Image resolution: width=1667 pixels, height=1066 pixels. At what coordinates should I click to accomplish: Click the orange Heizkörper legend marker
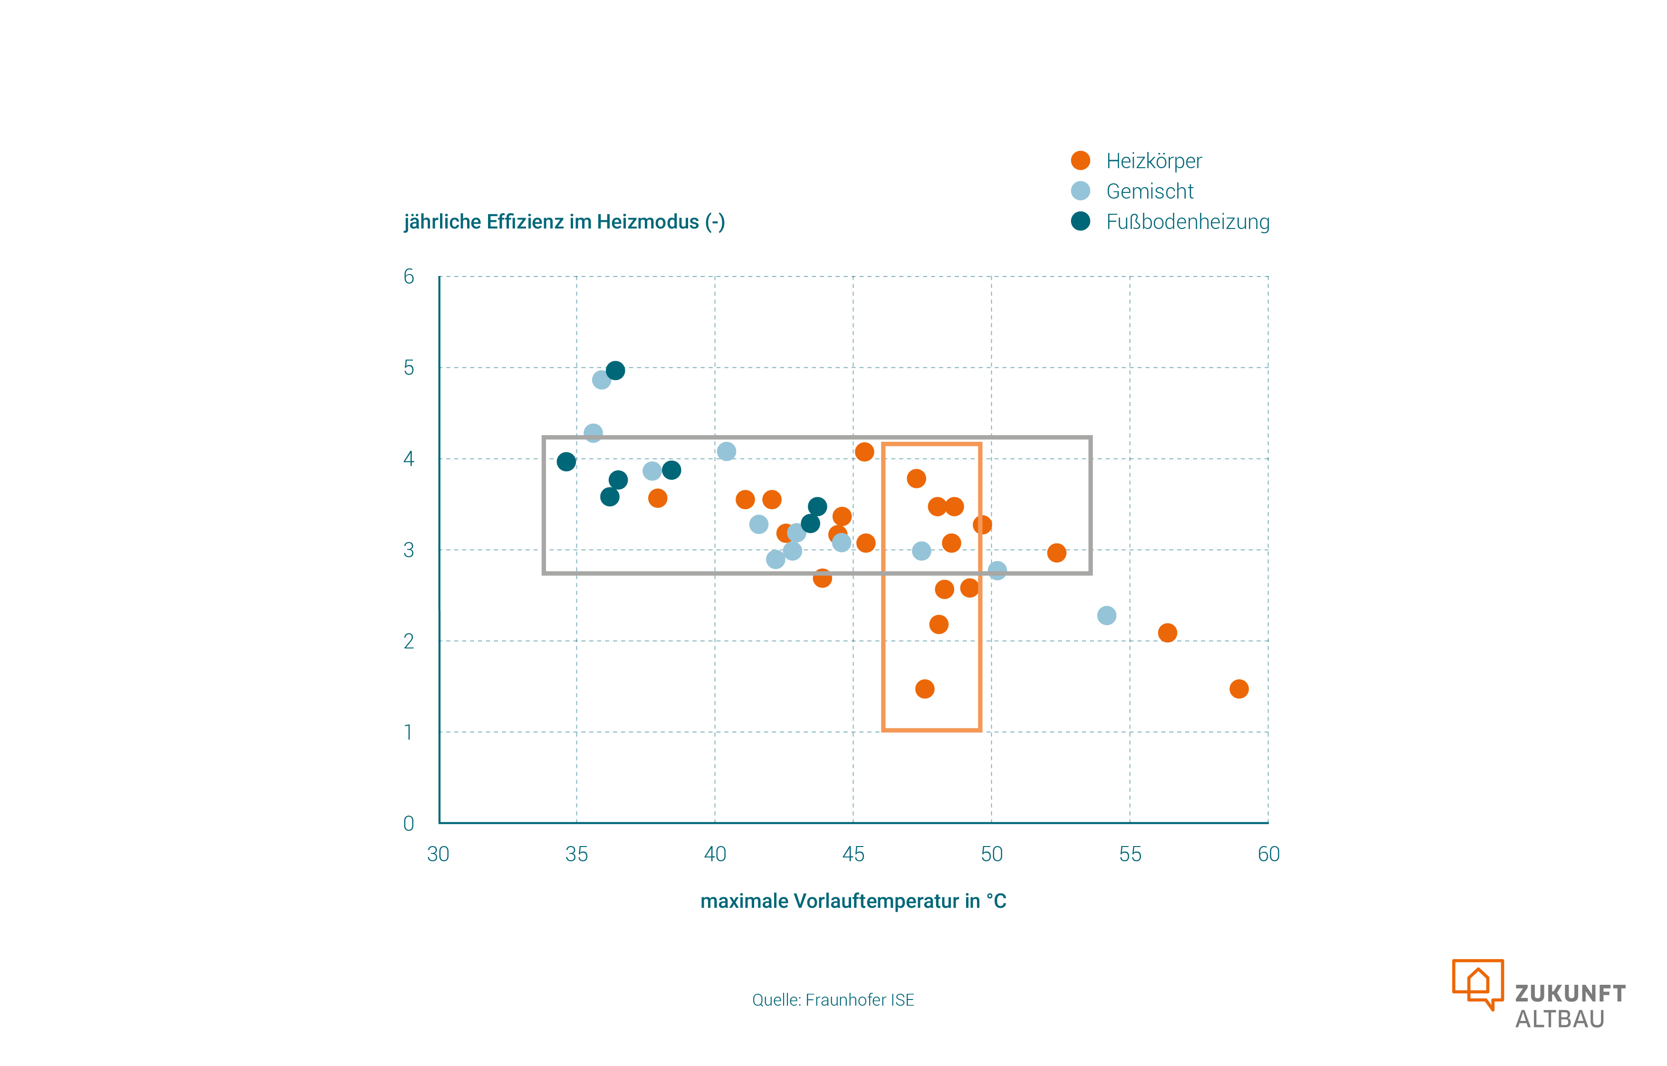click(x=1080, y=161)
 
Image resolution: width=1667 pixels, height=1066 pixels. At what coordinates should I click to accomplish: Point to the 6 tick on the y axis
click(x=409, y=277)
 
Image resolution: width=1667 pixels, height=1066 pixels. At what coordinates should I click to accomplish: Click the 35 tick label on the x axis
click(x=576, y=854)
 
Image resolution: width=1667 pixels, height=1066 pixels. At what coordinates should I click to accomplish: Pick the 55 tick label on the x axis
click(x=1130, y=854)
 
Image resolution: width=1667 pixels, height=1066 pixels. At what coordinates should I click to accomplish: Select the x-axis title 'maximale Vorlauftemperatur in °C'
click(x=853, y=901)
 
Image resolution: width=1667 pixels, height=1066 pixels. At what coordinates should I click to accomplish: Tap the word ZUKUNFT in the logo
click(x=1570, y=993)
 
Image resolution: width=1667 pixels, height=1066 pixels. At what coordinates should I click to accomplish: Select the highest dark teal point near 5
click(x=615, y=371)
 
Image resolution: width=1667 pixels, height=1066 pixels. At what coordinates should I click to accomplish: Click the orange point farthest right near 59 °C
click(x=1238, y=689)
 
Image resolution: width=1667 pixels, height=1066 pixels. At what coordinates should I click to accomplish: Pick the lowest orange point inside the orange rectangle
click(x=924, y=689)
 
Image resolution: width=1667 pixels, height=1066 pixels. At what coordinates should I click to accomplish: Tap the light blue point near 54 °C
click(x=1106, y=615)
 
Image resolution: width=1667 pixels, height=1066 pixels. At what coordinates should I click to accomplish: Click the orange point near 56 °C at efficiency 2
click(x=1167, y=633)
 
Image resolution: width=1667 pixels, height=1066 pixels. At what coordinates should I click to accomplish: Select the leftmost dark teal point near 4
click(x=565, y=462)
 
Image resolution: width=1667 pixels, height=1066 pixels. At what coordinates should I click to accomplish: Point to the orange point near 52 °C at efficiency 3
click(x=1056, y=552)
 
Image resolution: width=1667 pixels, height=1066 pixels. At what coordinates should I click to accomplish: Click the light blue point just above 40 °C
click(x=726, y=451)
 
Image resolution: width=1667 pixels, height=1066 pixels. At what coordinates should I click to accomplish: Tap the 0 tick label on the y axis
click(x=409, y=823)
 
